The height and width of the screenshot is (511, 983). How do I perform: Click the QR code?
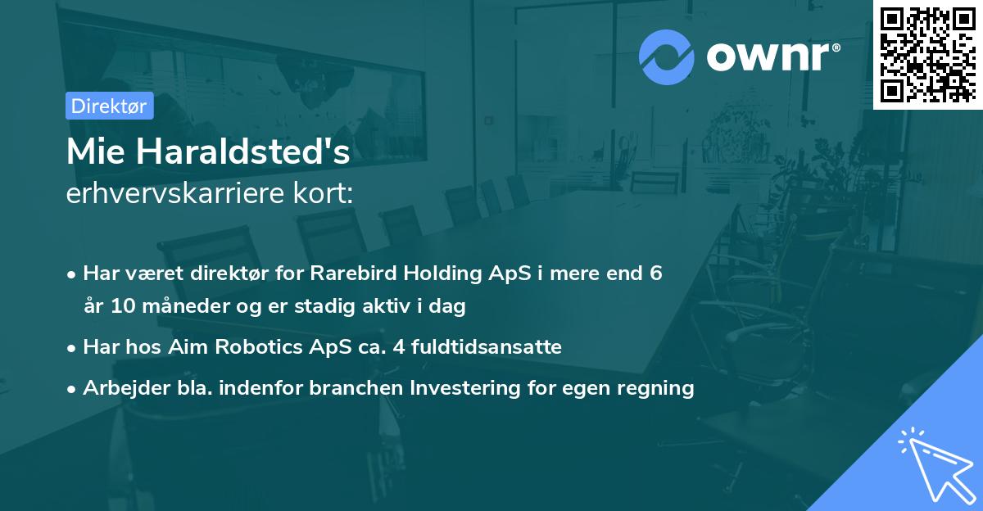point(927,55)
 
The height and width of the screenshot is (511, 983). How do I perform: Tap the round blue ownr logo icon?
point(665,58)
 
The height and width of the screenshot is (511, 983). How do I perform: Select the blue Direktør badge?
point(110,106)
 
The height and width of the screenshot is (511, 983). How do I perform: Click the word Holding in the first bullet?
point(439,274)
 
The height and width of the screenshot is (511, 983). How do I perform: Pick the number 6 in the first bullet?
point(655,274)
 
